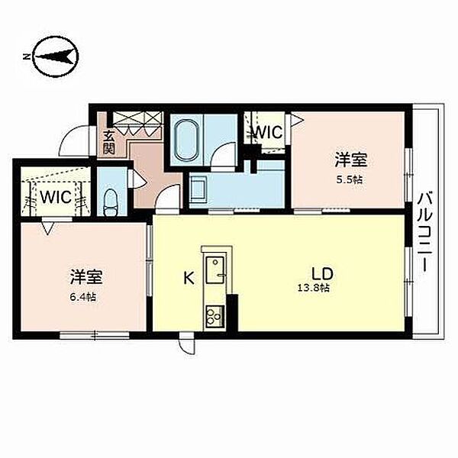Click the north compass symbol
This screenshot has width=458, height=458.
56,56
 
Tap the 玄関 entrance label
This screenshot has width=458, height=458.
108,142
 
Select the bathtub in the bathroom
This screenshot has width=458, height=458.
187,140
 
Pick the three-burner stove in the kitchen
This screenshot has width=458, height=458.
215,316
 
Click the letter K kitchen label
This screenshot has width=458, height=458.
189,278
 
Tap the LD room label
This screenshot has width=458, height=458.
322,274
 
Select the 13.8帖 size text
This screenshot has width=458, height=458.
314,288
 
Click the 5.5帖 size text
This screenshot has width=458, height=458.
350,179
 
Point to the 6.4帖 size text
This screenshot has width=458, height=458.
82,298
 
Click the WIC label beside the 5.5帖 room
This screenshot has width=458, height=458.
269,132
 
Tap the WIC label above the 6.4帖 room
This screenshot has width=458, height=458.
56,197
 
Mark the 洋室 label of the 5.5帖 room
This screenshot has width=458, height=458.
350,160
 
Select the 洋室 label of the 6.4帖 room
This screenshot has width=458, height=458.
85,277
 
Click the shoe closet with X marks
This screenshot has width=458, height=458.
137,124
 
